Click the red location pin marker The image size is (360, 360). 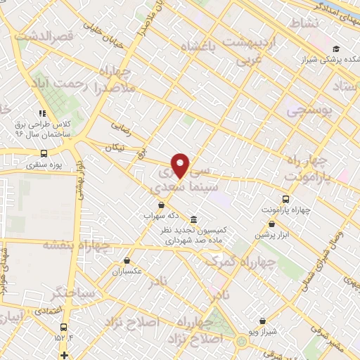[x=181, y=165]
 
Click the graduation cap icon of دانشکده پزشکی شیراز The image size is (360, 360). [x=336, y=49]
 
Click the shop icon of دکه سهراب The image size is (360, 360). [x=161, y=205]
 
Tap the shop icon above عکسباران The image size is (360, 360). [x=126, y=259]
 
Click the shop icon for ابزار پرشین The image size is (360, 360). [x=271, y=225]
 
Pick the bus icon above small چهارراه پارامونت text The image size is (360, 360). [x=285, y=199]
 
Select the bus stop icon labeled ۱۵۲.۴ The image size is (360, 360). [x=64, y=327]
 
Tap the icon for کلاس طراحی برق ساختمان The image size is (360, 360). [x=43, y=112]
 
